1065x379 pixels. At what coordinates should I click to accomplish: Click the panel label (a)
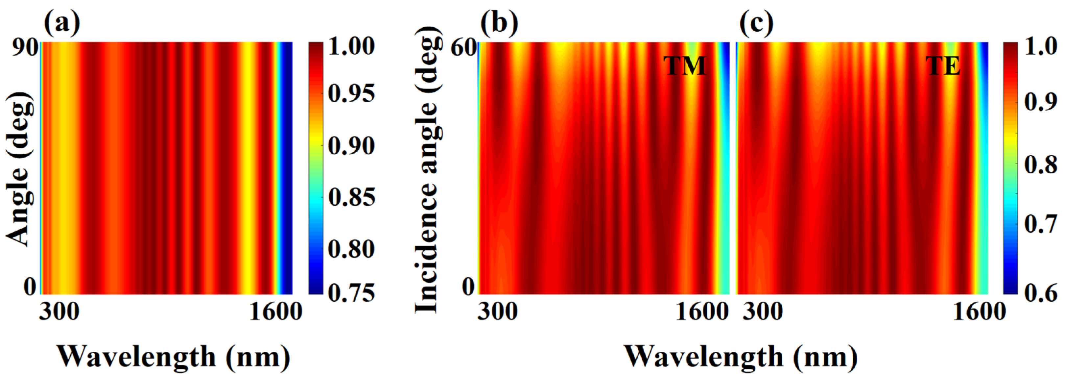(62, 23)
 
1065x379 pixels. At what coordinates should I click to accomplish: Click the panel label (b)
(499, 23)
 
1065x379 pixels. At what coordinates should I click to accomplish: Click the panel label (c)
(757, 23)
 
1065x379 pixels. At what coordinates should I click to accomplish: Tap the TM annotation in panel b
(685, 66)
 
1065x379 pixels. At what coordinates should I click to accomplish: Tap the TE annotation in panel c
(943, 66)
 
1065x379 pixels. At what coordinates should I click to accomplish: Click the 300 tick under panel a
(59, 311)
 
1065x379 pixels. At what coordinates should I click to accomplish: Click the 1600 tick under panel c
(979, 311)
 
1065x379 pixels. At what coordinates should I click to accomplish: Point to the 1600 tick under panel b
(701, 311)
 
